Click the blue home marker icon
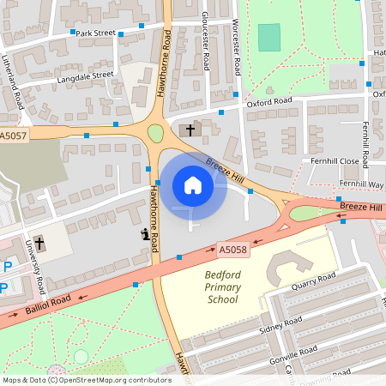[x=193, y=185]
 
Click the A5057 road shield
[x=14, y=136]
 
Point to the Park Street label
[x=95, y=33]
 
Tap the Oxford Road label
[x=269, y=101]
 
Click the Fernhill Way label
[x=361, y=184]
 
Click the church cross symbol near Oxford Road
[x=190, y=130]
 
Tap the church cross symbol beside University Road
[x=39, y=243]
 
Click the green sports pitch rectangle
[x=269, y=37]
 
